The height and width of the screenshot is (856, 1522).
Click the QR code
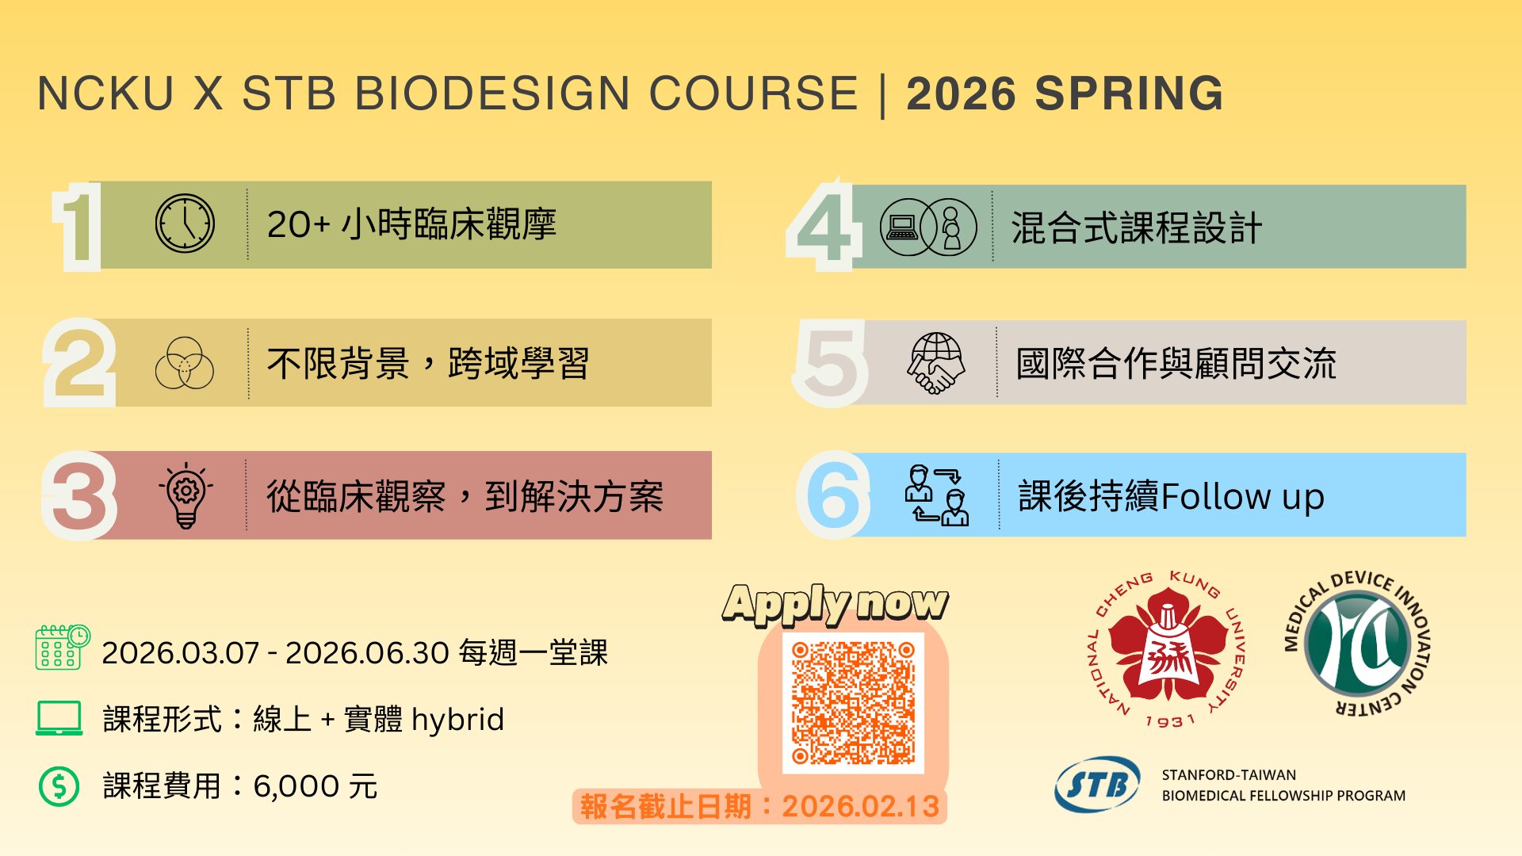tap(853, 703)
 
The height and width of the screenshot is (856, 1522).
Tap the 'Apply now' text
tap(836, 604)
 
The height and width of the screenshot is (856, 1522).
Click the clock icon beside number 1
tap(185, 224)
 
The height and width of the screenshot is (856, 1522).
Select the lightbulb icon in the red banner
tap(186, 495)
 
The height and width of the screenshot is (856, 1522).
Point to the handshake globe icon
tap(936, 363)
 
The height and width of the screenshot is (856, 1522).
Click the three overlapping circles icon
tap(185, 363)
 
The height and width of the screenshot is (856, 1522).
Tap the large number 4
tap(824, 226)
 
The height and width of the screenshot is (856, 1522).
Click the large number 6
tap(833, 495)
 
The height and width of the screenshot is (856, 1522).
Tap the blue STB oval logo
tap(1098, 785)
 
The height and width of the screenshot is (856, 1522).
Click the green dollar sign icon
tap(59, 786)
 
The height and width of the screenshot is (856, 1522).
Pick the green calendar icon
tap(63, 648)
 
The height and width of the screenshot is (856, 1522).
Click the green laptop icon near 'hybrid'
tap(59, 718)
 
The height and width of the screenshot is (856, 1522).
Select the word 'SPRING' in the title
tap(1129, 94)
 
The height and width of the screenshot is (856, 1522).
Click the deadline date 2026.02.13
tap(861, 806)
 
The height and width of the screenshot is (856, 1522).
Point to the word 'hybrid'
tap(457, 720)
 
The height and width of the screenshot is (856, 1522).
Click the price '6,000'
tap(296, 786)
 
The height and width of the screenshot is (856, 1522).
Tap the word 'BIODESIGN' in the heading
tap(491, 94)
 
